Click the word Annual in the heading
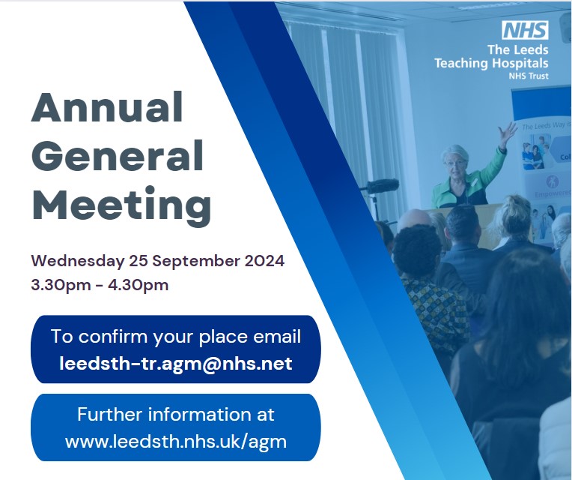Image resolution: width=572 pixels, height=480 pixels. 107,108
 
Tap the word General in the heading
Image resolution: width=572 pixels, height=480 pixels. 118,156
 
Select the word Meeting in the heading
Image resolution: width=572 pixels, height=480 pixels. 121,203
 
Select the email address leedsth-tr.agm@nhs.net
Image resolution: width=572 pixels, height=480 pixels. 176,364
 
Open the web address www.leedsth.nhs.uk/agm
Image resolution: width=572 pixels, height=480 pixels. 176,441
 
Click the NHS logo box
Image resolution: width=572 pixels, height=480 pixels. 525,31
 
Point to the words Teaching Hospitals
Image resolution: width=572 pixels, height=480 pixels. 491,64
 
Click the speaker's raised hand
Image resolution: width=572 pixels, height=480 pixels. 509,133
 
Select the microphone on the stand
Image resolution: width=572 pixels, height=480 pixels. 383,186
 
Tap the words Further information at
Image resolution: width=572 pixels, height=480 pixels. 176,415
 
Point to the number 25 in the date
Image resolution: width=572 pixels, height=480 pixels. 148,262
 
